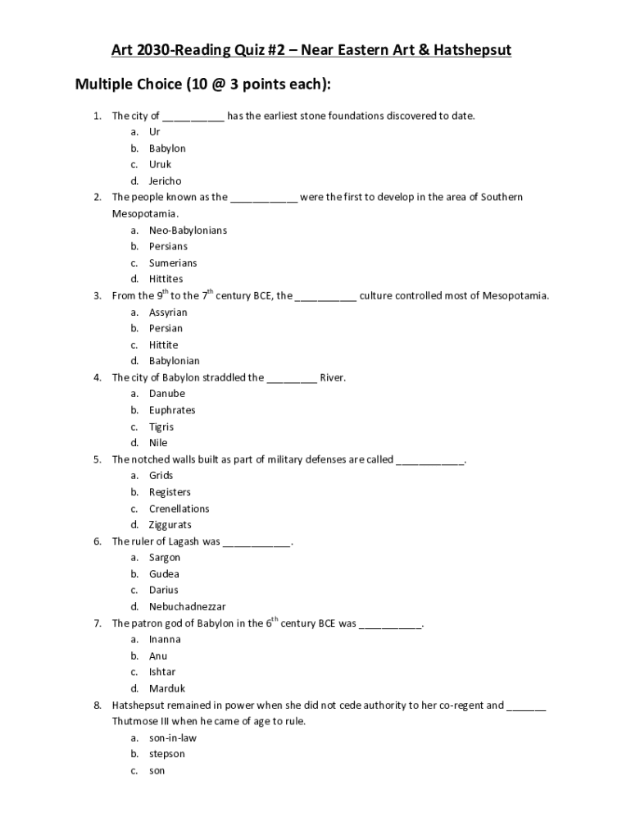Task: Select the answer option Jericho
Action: pos(165,180)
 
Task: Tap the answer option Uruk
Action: pos(160,164)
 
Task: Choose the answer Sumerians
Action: pos(173,262)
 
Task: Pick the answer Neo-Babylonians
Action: pos(188,230)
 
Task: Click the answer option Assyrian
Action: pos(168,312)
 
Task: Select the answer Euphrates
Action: pos(172,410)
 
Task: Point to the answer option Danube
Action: pos(167,394)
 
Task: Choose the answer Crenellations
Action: pos(179,509)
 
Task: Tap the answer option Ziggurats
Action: pos(170,525)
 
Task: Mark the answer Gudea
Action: pos(164,574)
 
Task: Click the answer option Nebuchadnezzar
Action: pos(187,607)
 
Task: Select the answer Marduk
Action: pos(167,689)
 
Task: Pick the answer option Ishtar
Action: pos(162,672)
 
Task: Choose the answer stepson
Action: pos(167,754)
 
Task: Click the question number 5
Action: pos(97,459)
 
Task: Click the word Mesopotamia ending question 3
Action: pos(515,295)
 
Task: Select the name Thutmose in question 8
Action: pos(135,721)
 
